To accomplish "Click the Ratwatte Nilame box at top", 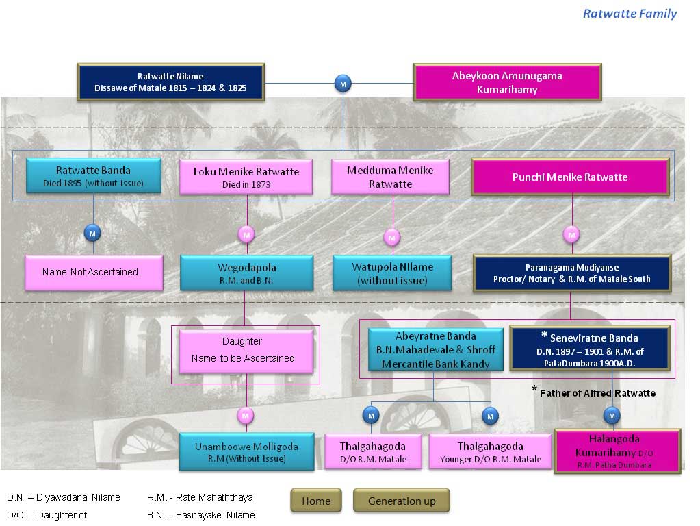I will pos(170,83).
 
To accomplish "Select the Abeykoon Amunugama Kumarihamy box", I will pos(507,82).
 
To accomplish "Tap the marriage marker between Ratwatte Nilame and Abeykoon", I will pos(343,84).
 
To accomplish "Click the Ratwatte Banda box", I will pos(93,176).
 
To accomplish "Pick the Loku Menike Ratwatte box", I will pos(246,177).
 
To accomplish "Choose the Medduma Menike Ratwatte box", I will pos(390,177).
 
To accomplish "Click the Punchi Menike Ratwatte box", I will pos(570,177).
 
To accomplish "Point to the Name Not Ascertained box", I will pos(94,273).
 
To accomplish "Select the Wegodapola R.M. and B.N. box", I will pos(247,273).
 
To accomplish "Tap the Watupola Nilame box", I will pos(392,273).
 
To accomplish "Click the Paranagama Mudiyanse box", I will pos(571,273).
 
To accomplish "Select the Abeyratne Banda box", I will pos(436,350).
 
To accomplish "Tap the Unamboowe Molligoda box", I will pos(246,452).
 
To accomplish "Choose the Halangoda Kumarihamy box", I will pos(617,451).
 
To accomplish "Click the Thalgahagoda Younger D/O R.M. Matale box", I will pos(490,452).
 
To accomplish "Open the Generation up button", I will pos(402,501).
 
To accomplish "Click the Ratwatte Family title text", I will pos(630,14).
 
